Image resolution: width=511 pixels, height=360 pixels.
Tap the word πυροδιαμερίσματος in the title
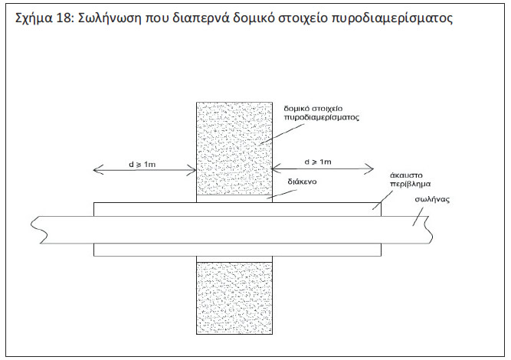391,20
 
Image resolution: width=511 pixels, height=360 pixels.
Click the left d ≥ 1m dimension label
142,164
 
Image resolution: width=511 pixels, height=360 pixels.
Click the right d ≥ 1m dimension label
318,162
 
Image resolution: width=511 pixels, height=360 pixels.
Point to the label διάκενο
302,182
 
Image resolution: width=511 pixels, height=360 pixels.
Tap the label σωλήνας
432,199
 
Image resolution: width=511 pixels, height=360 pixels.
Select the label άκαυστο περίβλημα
410,180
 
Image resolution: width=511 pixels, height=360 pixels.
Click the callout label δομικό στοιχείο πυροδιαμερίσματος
321,113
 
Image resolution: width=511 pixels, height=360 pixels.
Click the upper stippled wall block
234,149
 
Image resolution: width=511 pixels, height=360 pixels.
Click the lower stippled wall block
234,298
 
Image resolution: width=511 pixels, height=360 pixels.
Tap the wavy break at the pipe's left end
39,230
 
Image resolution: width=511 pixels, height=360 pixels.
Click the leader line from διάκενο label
281,194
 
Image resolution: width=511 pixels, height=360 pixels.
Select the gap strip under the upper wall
234,198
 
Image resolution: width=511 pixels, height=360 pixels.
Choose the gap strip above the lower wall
234,260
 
